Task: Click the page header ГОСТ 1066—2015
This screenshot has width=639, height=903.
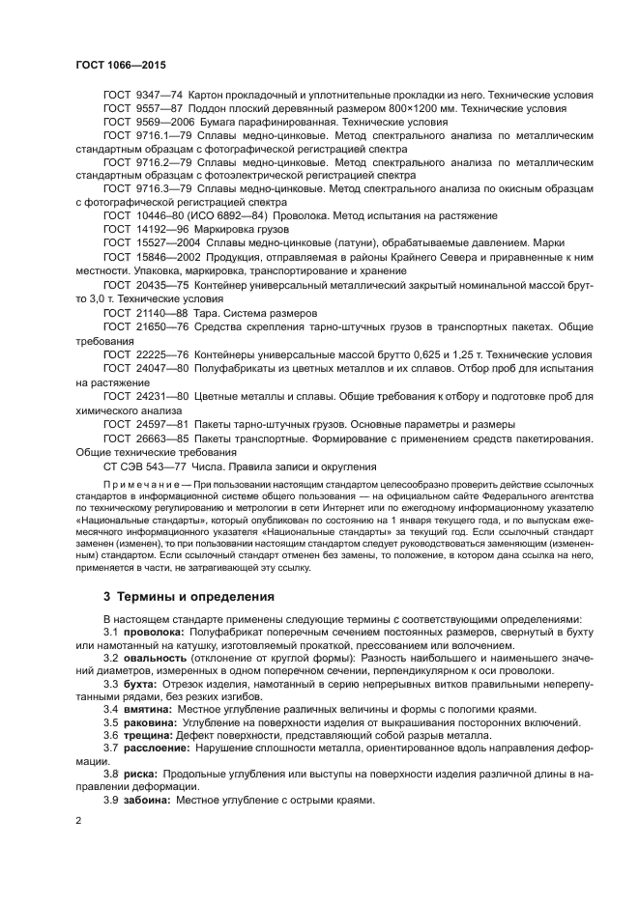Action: coord(121,65)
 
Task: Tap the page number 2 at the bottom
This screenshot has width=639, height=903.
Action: coord(78,820)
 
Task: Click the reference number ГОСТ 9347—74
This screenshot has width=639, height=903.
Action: coord(143,96)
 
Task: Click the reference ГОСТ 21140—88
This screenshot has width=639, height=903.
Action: coord(146,314)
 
